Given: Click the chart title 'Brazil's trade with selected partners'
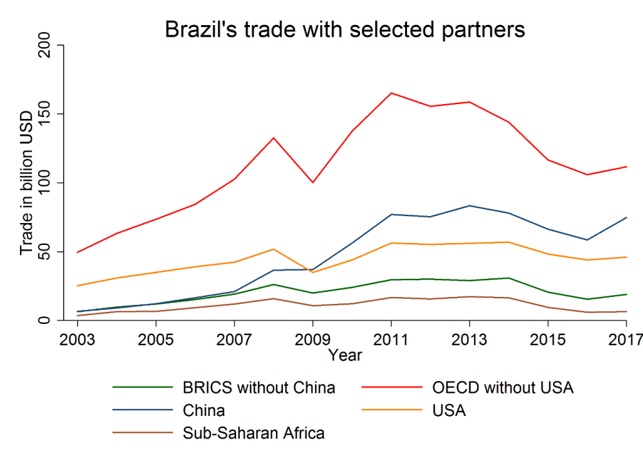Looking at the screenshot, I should [x=345, y=30].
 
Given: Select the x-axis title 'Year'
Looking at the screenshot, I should [x=345, y=355].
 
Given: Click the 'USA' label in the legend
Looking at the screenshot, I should [x=449, y=411].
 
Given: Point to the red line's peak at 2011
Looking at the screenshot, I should [x=391, y=93].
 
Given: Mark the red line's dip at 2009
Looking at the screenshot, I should [x=312, y=183].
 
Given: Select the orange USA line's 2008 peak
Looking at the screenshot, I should [x=273, y=249].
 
